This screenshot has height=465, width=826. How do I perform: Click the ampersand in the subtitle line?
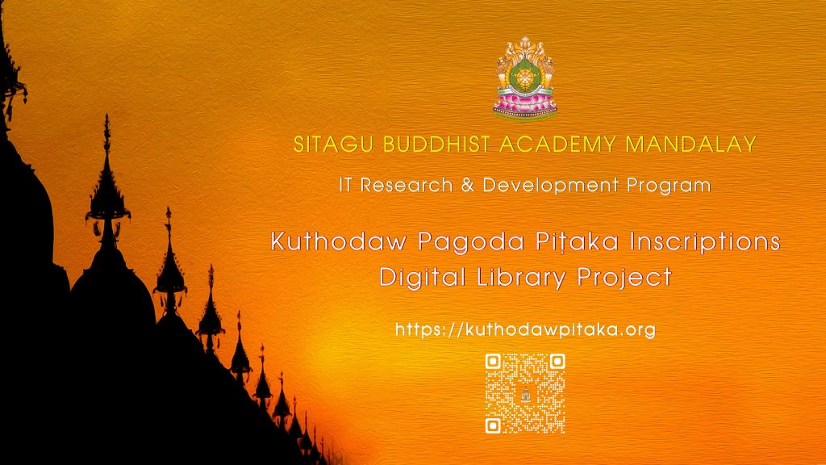pos(467,185)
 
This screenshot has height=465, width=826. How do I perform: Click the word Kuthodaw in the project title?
pos(339,241)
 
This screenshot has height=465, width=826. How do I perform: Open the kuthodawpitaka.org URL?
pos(525,330)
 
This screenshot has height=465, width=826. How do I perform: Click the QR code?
pos(525,394)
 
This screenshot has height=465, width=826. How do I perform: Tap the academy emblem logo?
pos(524,78)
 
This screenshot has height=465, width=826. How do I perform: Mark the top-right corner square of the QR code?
pos(557,362)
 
